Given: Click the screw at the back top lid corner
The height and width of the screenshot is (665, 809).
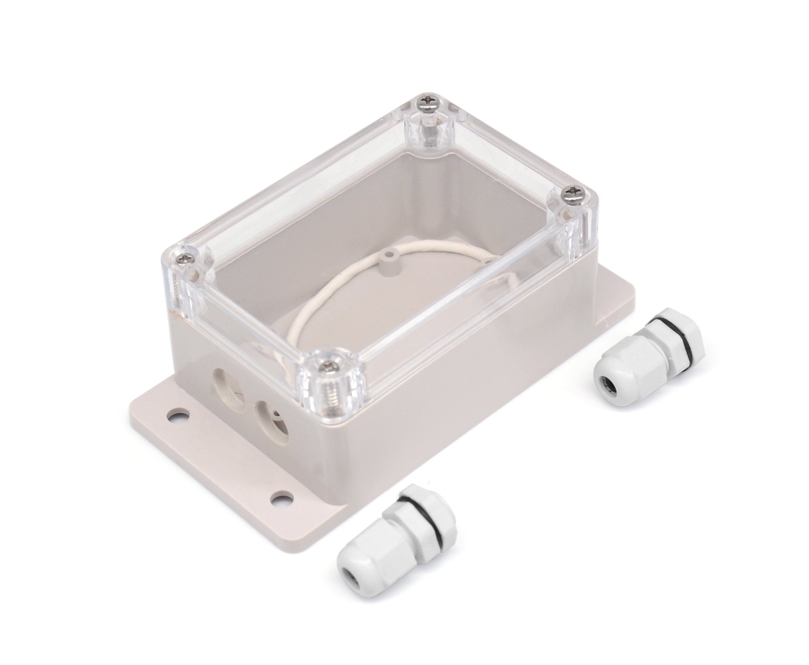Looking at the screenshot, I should coord(426,101).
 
